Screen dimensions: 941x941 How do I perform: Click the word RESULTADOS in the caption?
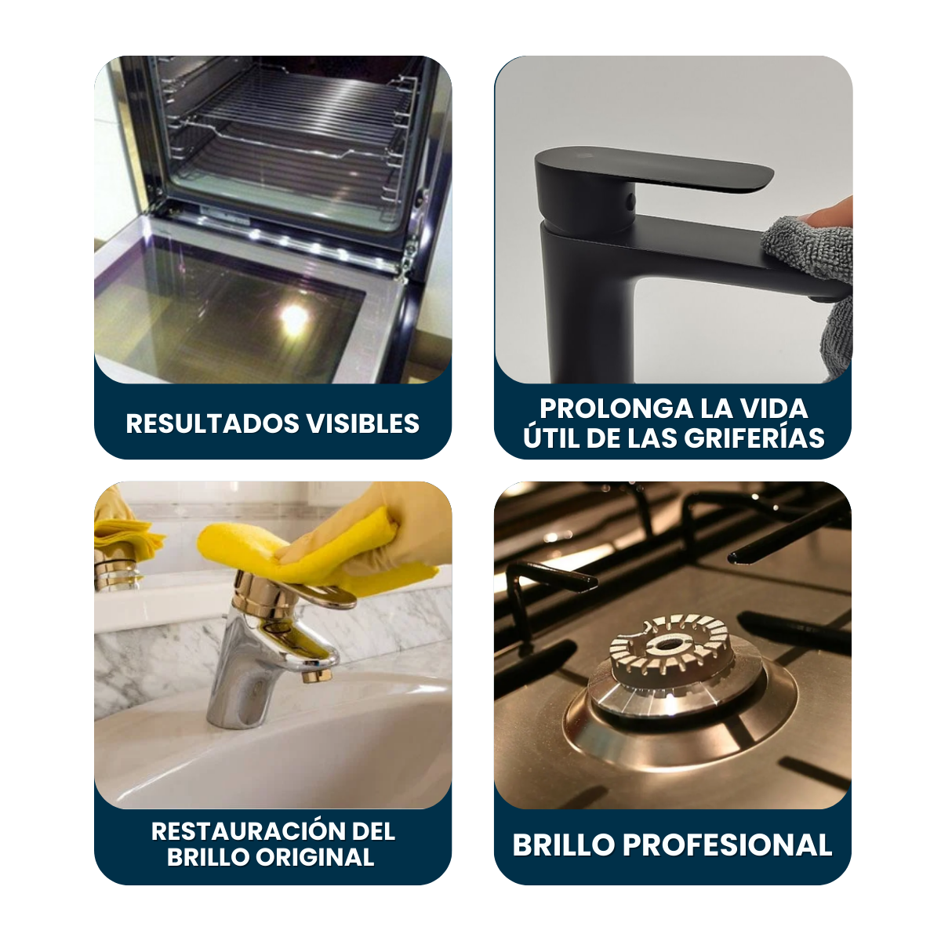coord(213,423)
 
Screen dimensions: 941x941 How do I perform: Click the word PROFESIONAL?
coord(727,845)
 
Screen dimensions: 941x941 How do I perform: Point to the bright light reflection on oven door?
coord(295,318)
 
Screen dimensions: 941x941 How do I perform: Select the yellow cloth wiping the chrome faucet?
coord(313,557)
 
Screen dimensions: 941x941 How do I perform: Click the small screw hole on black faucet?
coord(631,199)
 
